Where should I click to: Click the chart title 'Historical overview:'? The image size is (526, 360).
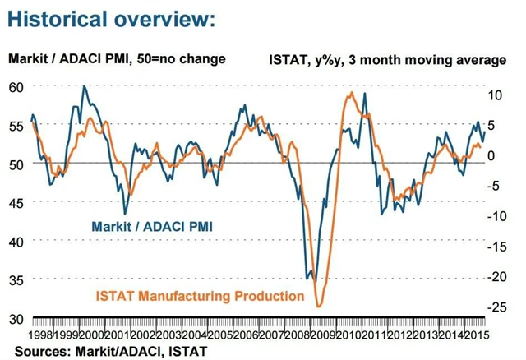point(112,18)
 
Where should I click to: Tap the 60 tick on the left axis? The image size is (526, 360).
point(16,85)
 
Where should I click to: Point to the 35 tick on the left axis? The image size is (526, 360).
point(16,279)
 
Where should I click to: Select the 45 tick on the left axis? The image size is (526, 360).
point(16,202)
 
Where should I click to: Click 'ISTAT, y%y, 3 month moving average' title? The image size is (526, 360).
point(386,59)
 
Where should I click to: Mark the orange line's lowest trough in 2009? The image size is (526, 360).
point(318,307)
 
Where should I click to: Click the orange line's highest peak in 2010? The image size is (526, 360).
point(351,93)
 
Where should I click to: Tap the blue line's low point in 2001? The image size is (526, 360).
point(125,214)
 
